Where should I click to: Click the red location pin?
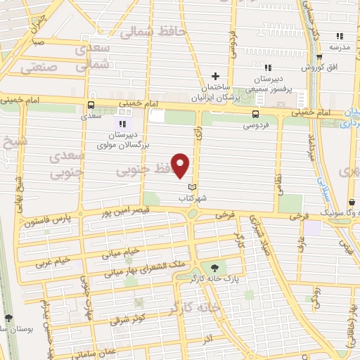tap(181, 165)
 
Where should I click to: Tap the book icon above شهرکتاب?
tap(192, 187)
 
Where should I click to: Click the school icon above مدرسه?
tap(340, 36)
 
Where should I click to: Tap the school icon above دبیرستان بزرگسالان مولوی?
tap(123, 124)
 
